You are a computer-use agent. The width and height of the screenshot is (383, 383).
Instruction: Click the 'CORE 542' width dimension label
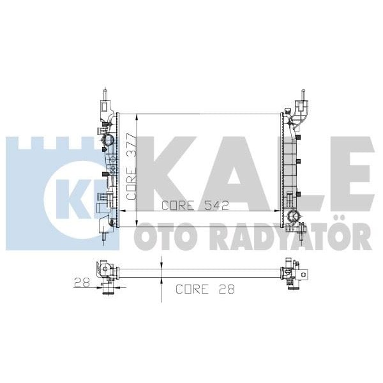click(x=195, y=206)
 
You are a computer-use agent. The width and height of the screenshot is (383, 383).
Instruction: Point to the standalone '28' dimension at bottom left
click(x=80, y=282)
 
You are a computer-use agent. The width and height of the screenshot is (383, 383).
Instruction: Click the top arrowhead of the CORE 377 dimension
click(x=133, y=118)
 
